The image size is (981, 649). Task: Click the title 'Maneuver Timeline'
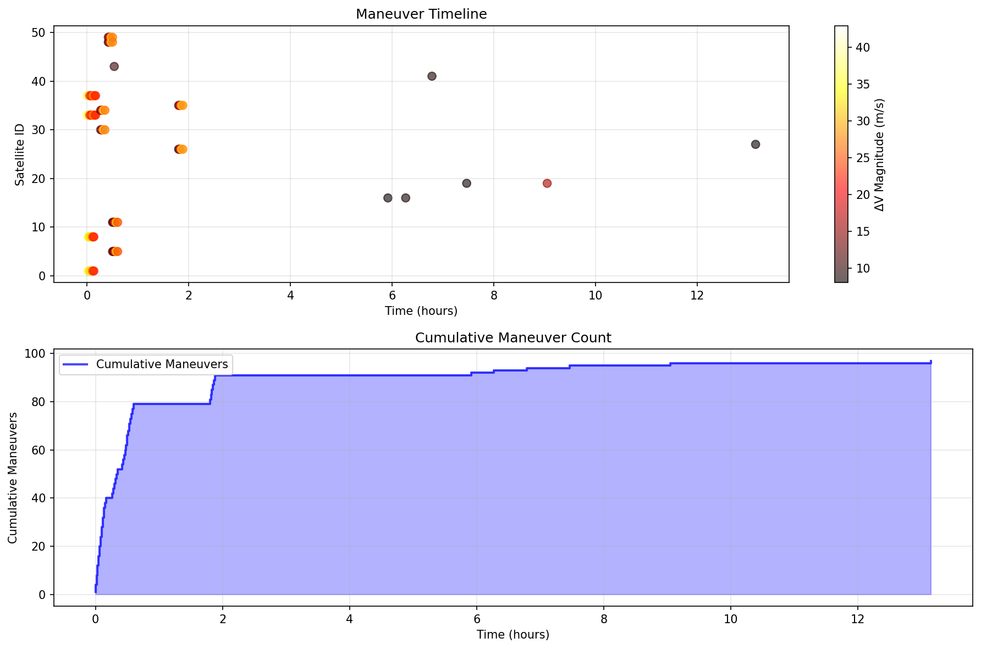coord(421,14)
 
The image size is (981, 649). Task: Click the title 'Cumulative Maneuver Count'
coord(513,338)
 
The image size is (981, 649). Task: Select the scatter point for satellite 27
coord(755,145)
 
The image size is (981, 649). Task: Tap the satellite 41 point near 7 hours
coord(432,76)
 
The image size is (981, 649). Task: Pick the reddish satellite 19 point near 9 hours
coord(547,184)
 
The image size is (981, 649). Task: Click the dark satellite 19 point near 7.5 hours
coord(466,184)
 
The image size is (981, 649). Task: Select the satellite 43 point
coord(114,66)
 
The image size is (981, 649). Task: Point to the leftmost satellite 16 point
coord(388,198)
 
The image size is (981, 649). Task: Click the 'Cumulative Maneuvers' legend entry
coord(162,364)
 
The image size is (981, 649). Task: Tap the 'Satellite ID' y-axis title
coord(20,155)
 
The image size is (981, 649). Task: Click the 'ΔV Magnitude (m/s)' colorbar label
coord(879,155)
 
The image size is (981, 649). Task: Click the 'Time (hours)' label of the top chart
coord(421,311)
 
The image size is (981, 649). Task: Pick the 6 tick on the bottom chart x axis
coord(476,619)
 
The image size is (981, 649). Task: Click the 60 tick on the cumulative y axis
coord(42,450)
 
